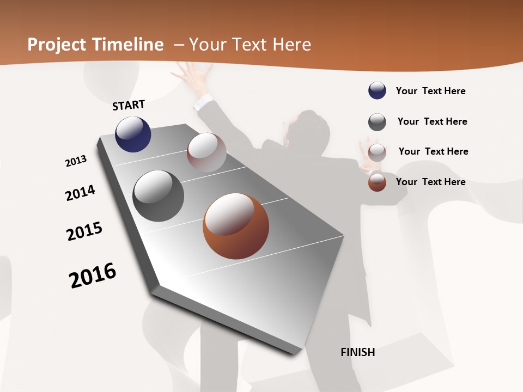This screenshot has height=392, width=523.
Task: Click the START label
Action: pos(129,105)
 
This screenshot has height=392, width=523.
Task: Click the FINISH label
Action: pos(358,352)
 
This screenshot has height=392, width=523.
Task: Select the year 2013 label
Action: pos(76,161)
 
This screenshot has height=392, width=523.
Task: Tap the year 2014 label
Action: pos(81,193)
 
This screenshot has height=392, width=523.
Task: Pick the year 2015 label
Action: pos(84,231)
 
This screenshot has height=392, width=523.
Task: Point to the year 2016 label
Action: pos(93,275)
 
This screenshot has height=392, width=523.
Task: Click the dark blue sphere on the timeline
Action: pos(133,134)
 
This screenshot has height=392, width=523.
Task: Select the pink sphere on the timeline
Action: pos(206,152)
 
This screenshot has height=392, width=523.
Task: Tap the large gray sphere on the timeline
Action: pos(159,196)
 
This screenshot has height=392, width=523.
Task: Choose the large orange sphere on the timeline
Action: pos(236,226)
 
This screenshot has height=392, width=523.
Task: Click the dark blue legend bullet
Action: pos(377,90)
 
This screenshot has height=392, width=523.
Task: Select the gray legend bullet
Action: pos(377,122)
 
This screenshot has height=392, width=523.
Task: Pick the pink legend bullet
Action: pos(377,152)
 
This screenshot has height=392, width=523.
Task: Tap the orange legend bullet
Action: pos(377,182)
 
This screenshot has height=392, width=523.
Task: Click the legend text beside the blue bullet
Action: pos(430,91)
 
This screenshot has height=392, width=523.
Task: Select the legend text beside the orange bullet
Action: pos(430,182)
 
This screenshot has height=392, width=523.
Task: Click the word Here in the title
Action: pos(291,45)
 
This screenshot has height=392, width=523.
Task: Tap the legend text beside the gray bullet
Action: pos(432,121)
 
